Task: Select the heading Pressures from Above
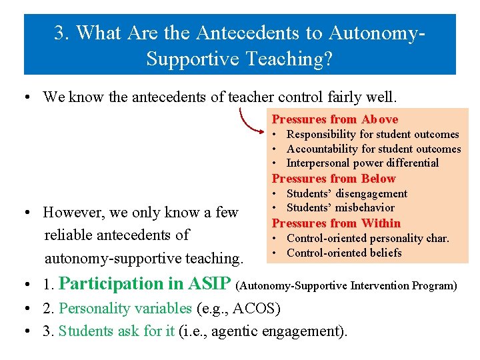coord(335,119)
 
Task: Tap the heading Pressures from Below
coord(333,179)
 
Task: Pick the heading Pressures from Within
coord(336,223)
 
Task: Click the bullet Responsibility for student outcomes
coord(373,135)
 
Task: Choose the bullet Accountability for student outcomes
coord(373,149)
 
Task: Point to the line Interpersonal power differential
coord(362,163)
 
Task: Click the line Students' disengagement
coord(347,194)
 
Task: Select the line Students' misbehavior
coord(340,208)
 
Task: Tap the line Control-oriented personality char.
coord(367,238)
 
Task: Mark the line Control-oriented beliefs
coord(344,253)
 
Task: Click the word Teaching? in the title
coord(295,59)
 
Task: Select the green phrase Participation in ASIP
coord(145,283)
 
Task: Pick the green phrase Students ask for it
coord(117,331)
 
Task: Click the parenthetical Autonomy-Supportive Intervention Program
coord(347,285)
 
